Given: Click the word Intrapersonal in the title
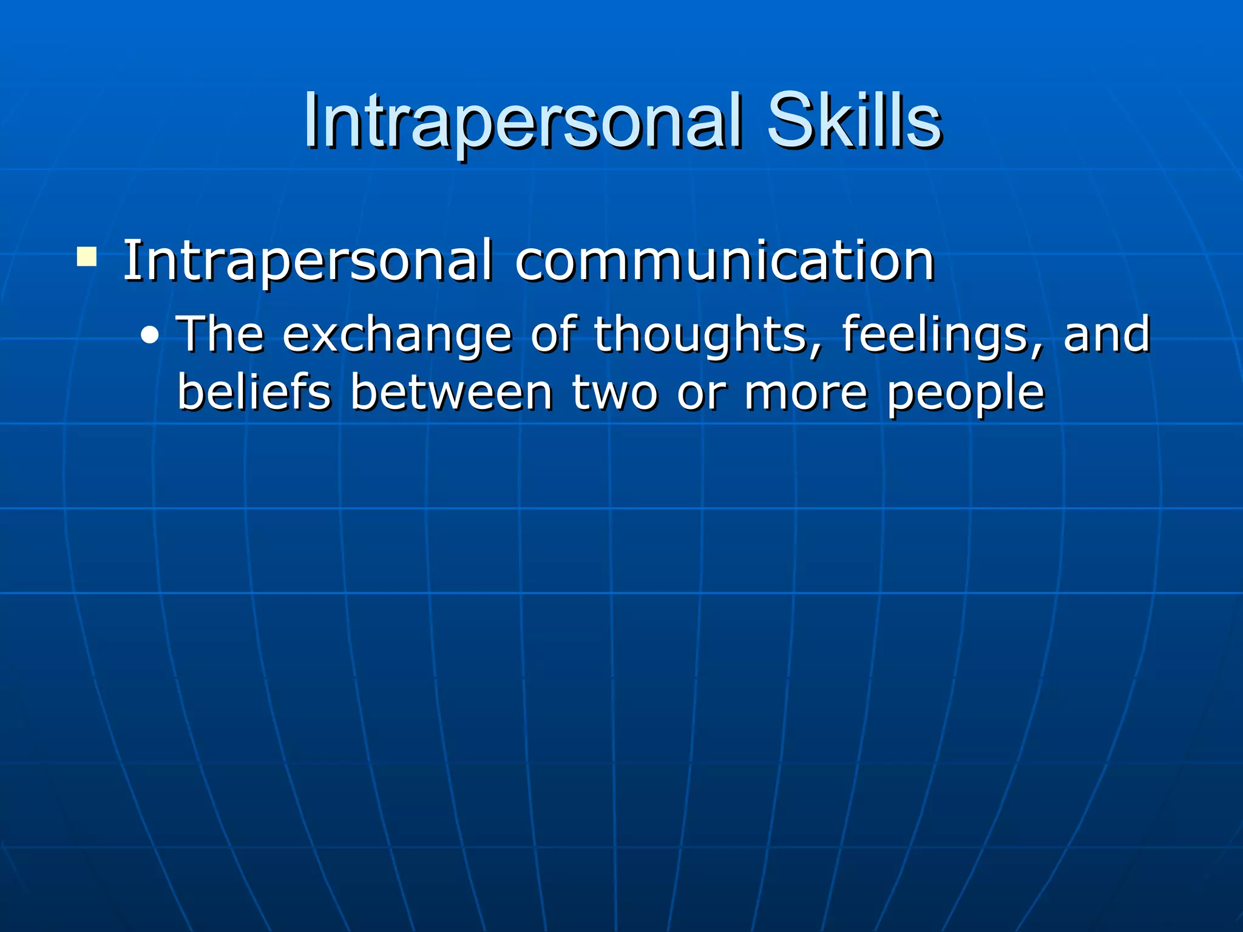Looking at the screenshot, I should coord(522,121).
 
